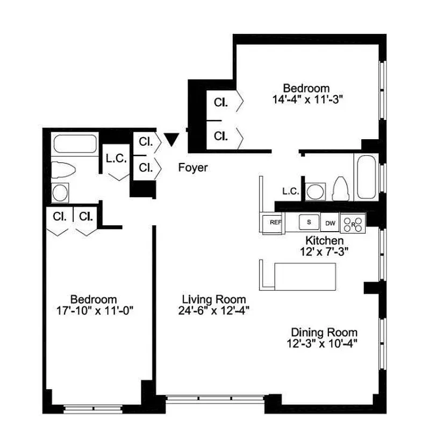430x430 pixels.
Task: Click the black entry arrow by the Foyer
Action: [x=171, y=140]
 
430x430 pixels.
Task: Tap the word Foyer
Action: [x=193, y=168]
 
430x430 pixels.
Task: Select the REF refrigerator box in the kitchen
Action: [x=275, y=221]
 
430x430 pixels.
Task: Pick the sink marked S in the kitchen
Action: [x=309, y=221]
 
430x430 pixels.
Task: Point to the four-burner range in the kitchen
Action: [x=353, y=221]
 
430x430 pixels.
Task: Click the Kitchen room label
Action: [x=325, y=240]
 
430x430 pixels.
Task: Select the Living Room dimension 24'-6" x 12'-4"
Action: [x=213, y=310]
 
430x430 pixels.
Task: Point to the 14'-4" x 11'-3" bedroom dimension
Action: [x=307, y=99]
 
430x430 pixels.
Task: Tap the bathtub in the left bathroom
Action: [x=75, y=145]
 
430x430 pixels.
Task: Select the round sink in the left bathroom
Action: [x=60, y=191]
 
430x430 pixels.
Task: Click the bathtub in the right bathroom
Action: [x=367, y=177]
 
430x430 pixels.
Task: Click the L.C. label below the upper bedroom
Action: [x=290, y=191]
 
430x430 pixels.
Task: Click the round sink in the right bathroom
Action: [x=316, y=191]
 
